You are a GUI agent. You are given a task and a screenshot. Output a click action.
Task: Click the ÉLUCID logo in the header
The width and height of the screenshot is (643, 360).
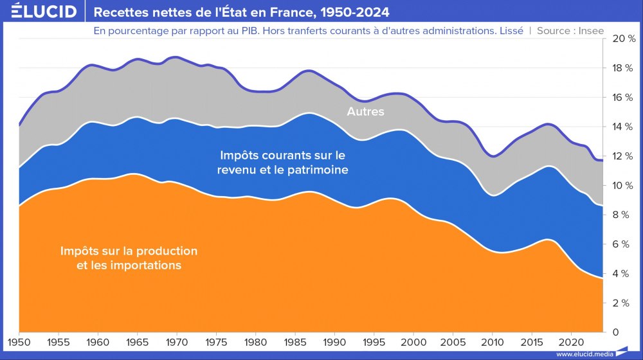44,12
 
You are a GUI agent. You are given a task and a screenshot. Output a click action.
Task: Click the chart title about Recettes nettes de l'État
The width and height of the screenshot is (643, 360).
241,12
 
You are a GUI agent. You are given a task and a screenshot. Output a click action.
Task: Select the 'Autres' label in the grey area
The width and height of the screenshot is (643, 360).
365,112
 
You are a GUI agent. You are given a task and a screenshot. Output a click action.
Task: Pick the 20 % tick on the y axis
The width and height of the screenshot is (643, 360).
623,39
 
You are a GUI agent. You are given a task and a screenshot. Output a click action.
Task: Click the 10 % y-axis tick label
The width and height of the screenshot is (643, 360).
623,186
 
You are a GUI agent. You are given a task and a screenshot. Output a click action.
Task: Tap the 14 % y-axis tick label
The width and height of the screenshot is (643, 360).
623,127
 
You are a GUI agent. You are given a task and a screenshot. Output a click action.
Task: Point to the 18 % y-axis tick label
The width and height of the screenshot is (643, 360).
623,69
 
